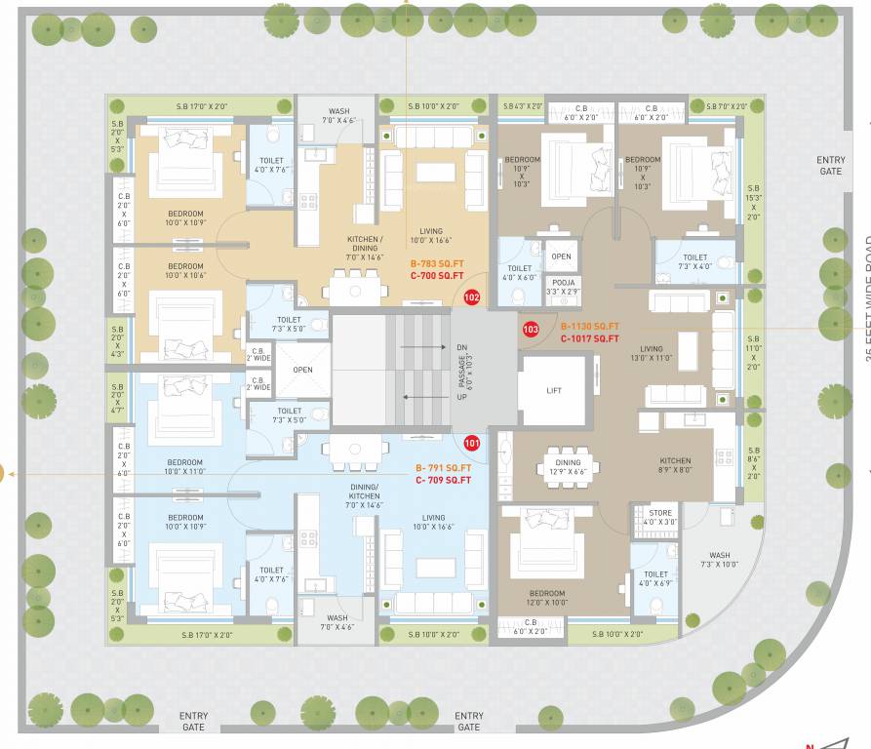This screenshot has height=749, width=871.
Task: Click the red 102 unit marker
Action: click(x=472, y=296)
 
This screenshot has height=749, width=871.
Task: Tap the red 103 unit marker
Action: click(x=532, y=330)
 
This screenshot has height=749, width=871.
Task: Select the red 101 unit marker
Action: click(x=472, y=443)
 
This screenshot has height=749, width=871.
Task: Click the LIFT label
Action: click(x=554, y=390)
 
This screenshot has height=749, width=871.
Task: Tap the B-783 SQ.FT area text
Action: click(x=436, y=263)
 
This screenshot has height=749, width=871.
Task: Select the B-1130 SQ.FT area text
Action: click(x=589, y=327)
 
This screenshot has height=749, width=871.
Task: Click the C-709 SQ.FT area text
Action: click(x=443, y=480)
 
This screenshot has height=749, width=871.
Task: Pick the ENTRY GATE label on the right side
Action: click(x=831, y=166)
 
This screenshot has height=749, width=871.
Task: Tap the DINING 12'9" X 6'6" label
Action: click(x=568, y=468)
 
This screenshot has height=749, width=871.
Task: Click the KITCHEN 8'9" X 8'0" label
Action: click(x=675, y=466)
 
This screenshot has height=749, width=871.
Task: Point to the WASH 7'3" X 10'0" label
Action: click(x=720, y=560)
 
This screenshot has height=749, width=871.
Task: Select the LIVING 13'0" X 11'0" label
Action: click(x=652, y=353)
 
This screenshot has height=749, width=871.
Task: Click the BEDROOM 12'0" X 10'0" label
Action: click(x=546, y=598)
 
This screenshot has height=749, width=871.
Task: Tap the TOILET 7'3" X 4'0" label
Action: click(x=695, y=261)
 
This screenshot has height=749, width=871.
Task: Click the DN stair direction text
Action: click(x=462, y=347)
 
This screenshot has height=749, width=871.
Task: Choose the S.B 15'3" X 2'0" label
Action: click(x=753, y=203)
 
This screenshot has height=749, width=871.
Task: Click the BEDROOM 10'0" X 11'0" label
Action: click(x=184, y=466)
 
